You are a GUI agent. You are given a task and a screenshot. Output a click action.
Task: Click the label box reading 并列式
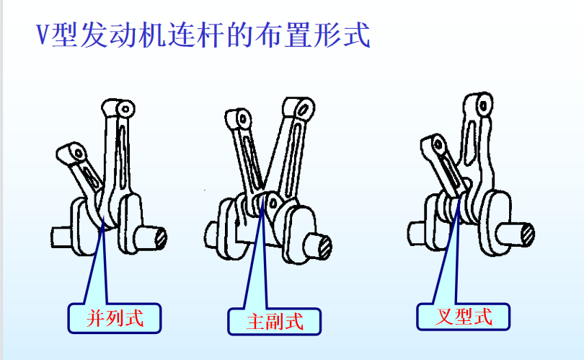[x=115, y=318]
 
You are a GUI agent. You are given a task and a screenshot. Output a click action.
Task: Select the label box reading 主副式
[x=275, y=321]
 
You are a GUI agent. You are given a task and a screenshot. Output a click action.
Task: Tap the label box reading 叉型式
[x=464, y=317]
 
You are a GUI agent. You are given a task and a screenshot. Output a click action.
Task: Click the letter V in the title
[x=43, y=35]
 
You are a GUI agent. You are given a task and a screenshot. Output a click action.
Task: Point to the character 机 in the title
[x=152, y=35]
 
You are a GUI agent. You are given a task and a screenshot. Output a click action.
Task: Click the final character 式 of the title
[x=357, y=35]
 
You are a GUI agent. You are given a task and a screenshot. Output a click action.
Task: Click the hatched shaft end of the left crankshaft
[x=161, y=238]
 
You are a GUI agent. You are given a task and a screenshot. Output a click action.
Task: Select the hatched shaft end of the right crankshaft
[x=528, y=234]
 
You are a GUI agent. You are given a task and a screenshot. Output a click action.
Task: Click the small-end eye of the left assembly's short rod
[x=79, y=152]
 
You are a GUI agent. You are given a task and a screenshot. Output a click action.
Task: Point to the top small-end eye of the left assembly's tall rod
[x=125, y=109]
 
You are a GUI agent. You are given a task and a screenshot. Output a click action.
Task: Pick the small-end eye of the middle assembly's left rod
[x=243, y=119]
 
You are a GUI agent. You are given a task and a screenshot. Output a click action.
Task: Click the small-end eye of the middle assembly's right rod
[x=304, y=109]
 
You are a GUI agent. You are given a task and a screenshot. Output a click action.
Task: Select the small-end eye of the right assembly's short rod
[x=439, y=144]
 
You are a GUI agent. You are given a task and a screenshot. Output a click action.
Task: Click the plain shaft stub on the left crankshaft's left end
[x=61, y=237]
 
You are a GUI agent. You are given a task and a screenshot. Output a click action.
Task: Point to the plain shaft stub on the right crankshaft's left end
[x=417, y=234]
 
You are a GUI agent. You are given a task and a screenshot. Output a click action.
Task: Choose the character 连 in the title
[x=182, y=35]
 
